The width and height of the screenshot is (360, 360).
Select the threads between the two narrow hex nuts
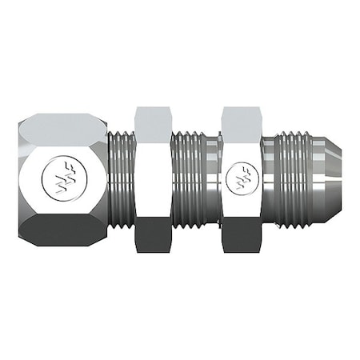(x=194, y=180)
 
